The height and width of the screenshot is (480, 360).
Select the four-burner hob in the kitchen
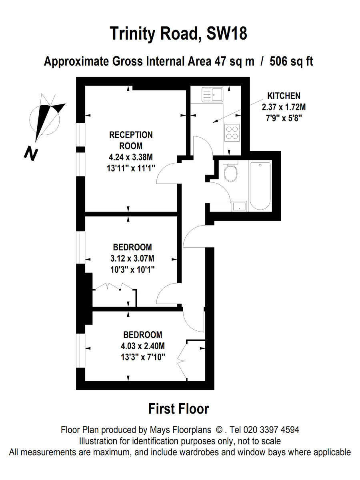coord(232,132)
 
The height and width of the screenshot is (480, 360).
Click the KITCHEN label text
coord(284,96)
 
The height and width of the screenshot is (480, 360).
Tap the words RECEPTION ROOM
coord(131,140)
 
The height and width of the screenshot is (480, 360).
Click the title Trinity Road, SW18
coord(179,34)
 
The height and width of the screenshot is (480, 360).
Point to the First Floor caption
coord(178,409)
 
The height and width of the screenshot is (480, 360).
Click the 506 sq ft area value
coord(292,62)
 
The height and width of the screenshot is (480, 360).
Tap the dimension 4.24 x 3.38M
coord(131,157)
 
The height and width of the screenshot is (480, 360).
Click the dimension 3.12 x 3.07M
coord(132,258)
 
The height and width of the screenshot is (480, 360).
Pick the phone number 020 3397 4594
coord(266,430)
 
